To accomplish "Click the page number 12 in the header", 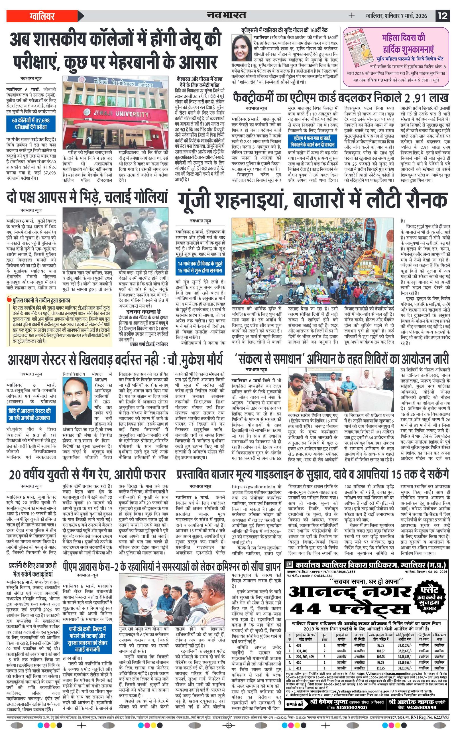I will (443, 16).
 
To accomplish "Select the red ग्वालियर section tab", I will (42, 16).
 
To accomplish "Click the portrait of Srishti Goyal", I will (241, 48).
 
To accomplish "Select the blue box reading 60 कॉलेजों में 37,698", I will (31, 124).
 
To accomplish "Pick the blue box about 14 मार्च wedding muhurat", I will (200, 267).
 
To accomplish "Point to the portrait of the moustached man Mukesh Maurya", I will (75, 396).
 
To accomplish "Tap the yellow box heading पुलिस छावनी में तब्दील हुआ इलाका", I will (41, 301).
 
